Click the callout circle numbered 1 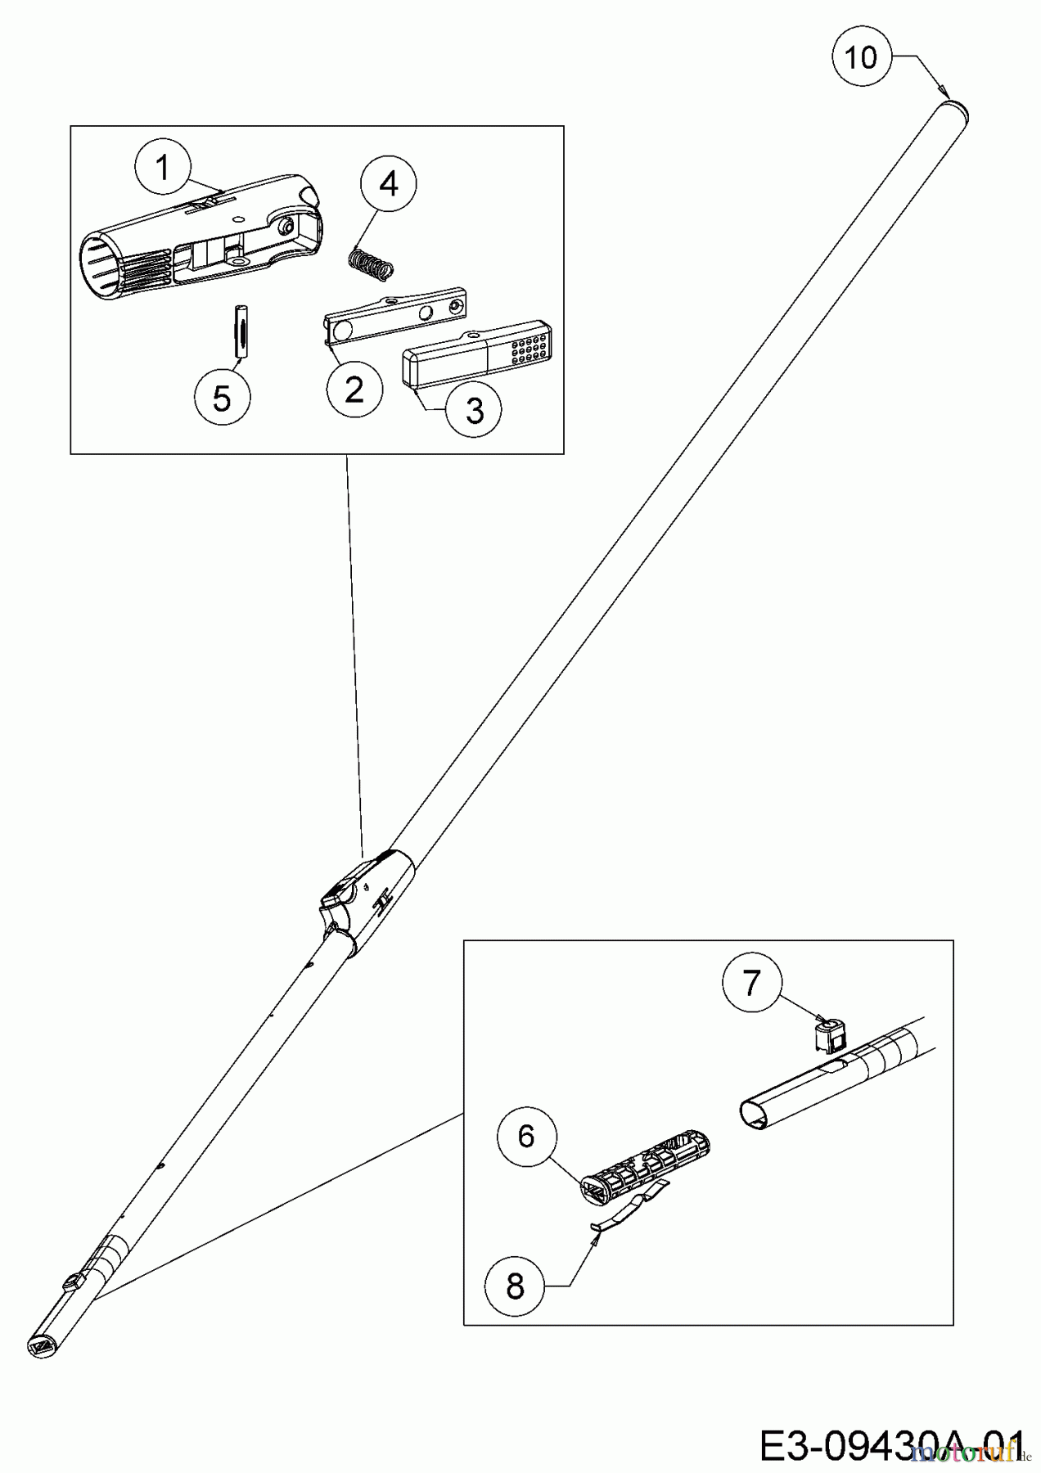coord(163,169)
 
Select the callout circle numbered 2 coord(354,390)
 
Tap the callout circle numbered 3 coord(475,411)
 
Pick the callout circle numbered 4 coord(389,185)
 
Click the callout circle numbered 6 coord(526,1136)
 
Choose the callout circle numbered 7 coord(751,983)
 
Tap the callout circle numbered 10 coord(860,58)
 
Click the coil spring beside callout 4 coord(372,264)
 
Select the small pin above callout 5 coord(240,331)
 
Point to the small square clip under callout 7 coord(830,1034)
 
